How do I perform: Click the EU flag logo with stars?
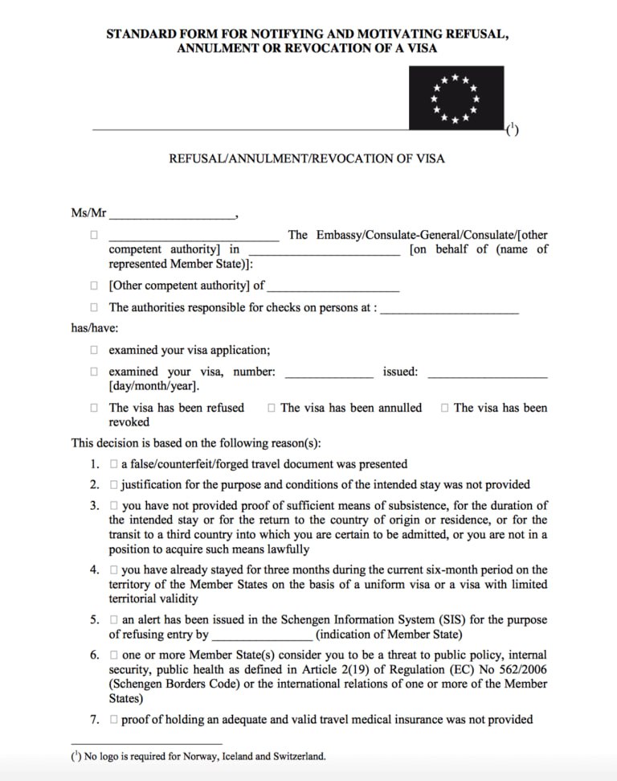point(456,97)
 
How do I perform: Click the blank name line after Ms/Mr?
point(172,216)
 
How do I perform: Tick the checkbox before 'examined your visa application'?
point(94,350)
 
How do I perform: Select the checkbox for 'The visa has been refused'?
point(94,408)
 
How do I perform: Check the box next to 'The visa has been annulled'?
point(272,408)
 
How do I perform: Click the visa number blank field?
point(329,373)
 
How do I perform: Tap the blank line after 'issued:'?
point(487,373)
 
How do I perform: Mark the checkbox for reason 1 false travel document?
point(114,464)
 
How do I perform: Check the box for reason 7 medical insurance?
point(114,719)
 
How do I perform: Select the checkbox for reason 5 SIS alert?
point(114,620)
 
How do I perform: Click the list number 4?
point(94,569)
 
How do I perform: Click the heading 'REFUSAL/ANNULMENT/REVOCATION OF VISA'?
point(306,158)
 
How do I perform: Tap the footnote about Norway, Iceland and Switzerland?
point(198,756)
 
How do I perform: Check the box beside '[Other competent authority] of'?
point(94,286)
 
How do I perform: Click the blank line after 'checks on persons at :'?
point(449,308)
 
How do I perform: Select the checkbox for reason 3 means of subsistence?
point(114,506)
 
